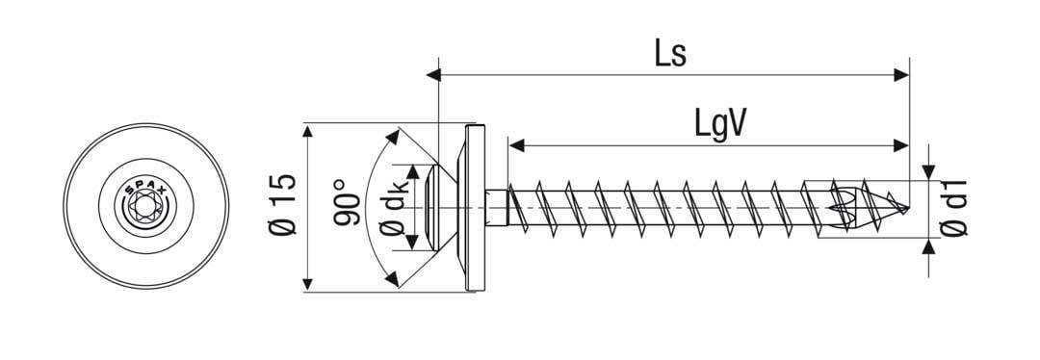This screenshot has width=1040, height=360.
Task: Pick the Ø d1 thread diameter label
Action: click(954, 206)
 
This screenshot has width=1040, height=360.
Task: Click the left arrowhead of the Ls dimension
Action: click(444, 72)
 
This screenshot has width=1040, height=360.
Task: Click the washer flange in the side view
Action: click(476, 207)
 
